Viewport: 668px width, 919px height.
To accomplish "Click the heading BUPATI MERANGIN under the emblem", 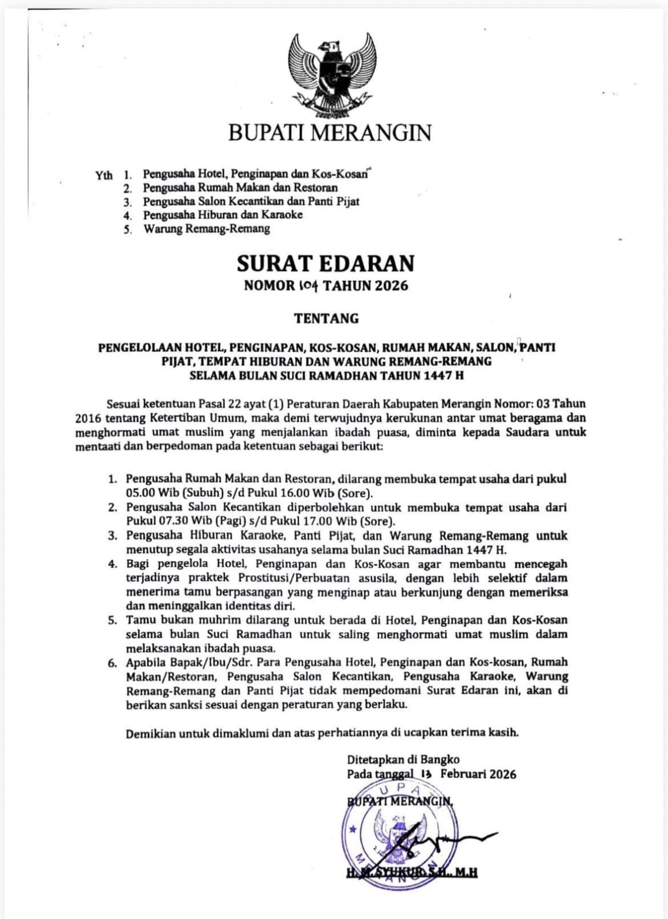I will [x=330, y=133].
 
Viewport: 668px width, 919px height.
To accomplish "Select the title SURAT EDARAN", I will [x=325, y=263].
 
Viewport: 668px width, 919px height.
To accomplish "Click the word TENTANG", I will [x=326, y=318].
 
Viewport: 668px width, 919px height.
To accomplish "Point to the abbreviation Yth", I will [x=104, y=175].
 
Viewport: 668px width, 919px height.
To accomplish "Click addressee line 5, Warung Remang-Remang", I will [x=207, y=229].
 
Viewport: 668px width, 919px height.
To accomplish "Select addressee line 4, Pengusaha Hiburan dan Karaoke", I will [x=223, y=215].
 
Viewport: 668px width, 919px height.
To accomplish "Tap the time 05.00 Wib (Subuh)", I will [x=164, y=493].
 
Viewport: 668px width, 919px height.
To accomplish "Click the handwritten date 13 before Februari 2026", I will [x=426, y=774].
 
